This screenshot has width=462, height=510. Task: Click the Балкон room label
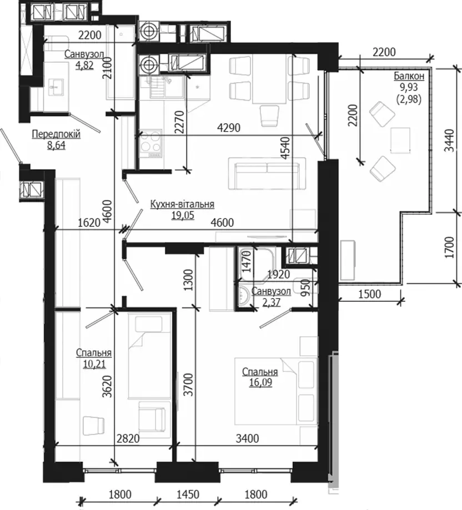point(409,76)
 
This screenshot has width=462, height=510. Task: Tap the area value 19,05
point(183,215)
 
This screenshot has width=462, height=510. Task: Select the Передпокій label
point(56,134)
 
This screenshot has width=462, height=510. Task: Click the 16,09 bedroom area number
point(260,382)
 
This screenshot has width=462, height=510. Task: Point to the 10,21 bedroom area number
point(94,364)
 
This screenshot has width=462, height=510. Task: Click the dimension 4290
point(228,128)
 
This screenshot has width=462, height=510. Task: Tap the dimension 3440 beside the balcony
point(449,140)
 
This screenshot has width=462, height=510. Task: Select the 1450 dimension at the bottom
point(188,494)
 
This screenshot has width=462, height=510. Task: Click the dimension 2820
point(128,438)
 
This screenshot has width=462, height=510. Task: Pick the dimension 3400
point(247,438)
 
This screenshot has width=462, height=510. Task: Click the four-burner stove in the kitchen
point(150,144)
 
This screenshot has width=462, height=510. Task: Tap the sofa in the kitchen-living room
point(267,173)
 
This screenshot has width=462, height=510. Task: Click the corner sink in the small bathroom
point(244,296)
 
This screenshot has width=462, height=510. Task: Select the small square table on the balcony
point(400,140)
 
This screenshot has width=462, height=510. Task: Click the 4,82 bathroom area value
point(84,65)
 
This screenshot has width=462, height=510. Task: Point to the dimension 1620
point(89,223)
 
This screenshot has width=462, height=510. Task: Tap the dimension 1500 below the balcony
point(369,294)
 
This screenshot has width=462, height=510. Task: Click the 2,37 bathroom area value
point(271,302)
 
